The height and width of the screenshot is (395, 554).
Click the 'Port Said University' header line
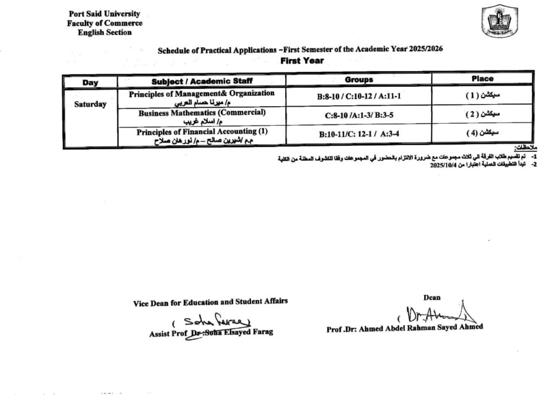pos(104,14)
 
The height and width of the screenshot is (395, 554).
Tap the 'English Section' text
pos(104,33)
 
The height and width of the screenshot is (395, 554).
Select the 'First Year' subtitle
pos(302,61)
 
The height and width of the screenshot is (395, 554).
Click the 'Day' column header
pos(90,82)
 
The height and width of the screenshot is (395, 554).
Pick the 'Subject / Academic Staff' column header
pos(202,81)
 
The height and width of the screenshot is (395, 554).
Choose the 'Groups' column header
pos(359,80)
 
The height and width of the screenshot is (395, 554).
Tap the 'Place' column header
pos(482,79)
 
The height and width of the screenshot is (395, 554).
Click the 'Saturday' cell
pos(90,105)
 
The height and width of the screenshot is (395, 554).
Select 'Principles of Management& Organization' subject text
pos(202,93)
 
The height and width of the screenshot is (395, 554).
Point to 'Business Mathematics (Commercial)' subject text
pos(202,113)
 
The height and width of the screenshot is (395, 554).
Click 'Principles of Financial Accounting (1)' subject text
pos(202,132)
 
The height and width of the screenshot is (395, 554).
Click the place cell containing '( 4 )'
pos(482,133)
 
